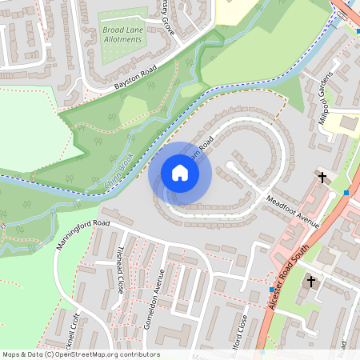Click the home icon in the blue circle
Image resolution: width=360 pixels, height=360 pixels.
180,172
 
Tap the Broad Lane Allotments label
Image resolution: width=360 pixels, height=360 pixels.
122,34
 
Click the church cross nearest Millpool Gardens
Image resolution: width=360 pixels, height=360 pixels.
323,177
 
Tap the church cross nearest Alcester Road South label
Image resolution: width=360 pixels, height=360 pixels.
311,282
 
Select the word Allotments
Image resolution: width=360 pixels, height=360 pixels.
122,39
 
